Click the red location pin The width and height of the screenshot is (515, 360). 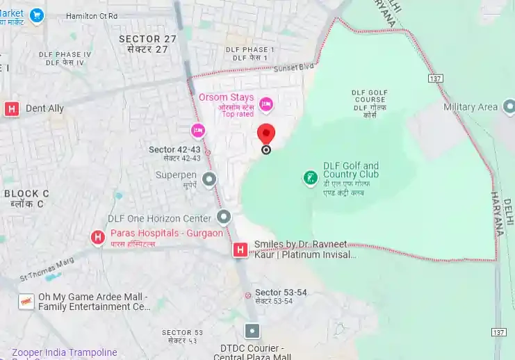[266, 133]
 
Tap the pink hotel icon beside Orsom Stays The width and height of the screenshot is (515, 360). [265, 105]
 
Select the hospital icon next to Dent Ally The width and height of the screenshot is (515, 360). [11, 108]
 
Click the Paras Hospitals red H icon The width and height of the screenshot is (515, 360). [98, 238]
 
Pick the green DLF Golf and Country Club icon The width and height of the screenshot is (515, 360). [310, 179]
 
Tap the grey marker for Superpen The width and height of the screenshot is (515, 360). [209, 180]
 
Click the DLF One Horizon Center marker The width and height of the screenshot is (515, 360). [224, 218]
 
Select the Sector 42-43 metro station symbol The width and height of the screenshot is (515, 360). [207, 152]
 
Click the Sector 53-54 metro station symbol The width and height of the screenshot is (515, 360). [247, 295]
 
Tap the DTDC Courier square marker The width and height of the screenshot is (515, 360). [252, 331]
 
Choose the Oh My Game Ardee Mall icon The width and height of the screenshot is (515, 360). [26, 302]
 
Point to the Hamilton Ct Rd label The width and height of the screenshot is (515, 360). [92, 16]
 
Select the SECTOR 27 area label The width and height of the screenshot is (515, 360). [147, 39]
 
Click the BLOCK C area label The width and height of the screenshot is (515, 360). [26, 193]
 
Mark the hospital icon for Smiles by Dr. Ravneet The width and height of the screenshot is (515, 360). [240, 249]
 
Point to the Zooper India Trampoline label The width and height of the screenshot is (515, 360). [64, 352]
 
